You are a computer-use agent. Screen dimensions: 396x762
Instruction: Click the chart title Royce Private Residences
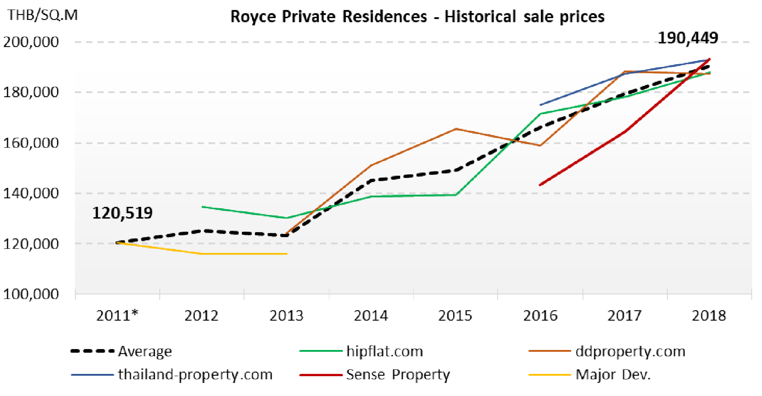(x=417, y=17)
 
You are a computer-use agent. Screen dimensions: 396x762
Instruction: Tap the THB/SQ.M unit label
(x=42, y=15)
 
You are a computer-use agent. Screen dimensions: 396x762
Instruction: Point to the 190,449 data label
(x=688, y=38)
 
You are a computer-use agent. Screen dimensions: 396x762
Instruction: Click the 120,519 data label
(x=122, y=213)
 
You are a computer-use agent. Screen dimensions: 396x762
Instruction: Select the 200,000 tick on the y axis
(x=31, y=42)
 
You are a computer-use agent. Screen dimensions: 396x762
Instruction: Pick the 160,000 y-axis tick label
(x=31, y=143)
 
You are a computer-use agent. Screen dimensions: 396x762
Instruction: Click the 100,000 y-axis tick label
(x=31, y=294)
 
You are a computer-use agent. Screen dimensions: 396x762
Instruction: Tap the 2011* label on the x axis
(x=117, y=315)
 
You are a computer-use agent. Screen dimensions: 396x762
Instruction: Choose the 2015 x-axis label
(x=455, y=315)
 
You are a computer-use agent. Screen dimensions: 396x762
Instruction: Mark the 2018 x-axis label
(x=709, y=315)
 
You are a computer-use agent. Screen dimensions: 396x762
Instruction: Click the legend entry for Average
(x=144, y=351)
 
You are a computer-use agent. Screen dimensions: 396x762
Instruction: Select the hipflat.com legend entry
(x=384, y=351)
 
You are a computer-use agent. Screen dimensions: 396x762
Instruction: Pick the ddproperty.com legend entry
(x=630, y=351)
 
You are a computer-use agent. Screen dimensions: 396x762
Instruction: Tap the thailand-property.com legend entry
(x=195, y=374)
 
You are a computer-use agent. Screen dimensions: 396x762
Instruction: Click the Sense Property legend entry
(x=397, y=374)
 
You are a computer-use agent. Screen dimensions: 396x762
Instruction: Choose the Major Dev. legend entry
(x=613, y=374)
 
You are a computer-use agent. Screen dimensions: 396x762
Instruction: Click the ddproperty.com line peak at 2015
(x=456, y=129)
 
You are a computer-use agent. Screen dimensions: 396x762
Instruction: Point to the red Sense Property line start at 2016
(x=540, y=185)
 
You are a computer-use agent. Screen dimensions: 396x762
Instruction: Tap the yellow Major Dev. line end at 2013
(x=286, y=254)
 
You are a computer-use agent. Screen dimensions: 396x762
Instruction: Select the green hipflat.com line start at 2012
(x=203, y=207)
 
